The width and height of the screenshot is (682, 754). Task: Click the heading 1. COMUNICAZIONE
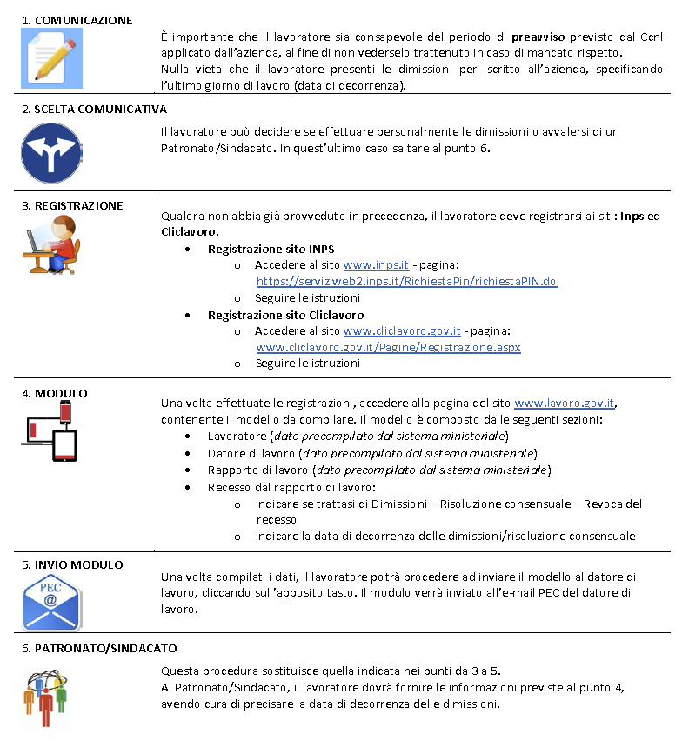point(77,19)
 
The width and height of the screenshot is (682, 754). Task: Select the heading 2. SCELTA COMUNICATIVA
point(94,110)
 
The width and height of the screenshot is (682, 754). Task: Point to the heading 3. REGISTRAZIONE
point(72,205)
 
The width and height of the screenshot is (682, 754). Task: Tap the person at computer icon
point(50,244)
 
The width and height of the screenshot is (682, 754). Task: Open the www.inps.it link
point(376,264)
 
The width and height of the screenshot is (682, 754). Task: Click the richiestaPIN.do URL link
point(406,281)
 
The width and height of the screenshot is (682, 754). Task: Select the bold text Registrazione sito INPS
point(271,248)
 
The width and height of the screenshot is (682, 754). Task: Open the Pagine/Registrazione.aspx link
point(388,347)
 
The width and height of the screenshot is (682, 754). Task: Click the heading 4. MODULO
point(54,393)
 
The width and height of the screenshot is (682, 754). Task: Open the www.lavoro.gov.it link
point(565,403)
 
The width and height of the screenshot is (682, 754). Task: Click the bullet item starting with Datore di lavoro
point(372,453)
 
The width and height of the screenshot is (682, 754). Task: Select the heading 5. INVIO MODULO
point(72,564)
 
